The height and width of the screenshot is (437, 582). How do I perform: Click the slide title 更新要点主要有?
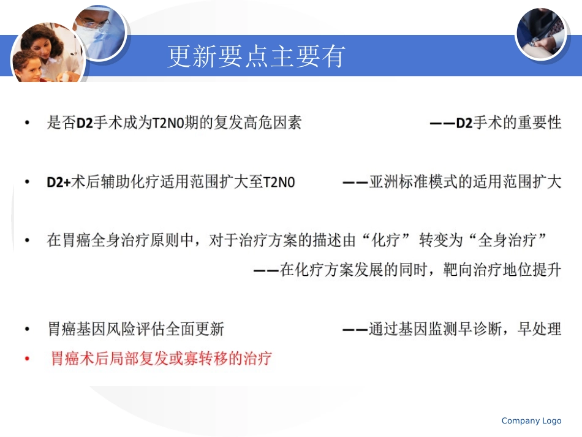click(x=257, y=57)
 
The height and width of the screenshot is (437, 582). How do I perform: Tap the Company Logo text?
click(x=531, y=420)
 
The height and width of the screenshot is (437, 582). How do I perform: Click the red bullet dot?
click(x=26, y=359)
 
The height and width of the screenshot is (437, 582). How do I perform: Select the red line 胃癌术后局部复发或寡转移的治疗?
click(x=161, y=359)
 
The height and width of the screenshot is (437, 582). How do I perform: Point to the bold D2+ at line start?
click(x=59, y=183)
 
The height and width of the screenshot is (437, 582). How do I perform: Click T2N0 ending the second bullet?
click(x=279, y=183)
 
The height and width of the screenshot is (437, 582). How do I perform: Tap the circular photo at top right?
click(x=540, y=33)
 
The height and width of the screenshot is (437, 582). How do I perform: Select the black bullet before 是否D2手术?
click(x=26, y=123)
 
